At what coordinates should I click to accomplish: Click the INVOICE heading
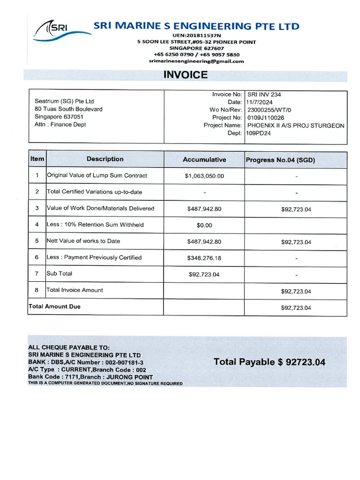click(185, 75)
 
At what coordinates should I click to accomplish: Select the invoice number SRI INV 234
click(264, 94)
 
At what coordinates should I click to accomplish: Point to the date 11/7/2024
click(260, 102)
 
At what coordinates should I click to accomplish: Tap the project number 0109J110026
click(265, 118)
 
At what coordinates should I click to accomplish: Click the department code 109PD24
click(259, 133)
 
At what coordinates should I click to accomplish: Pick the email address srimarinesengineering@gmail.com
click(196, 61)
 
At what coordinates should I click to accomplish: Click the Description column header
click(105, 159)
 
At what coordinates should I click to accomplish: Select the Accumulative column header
click(204, 160)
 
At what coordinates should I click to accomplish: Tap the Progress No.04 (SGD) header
click(280, 160)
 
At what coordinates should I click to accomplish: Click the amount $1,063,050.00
click(204, 176)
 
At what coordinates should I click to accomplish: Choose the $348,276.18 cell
click(204, 258)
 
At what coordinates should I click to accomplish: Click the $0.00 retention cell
click(204, 225)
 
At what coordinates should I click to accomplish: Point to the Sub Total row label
click(60, 273)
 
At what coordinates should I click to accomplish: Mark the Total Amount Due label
click(54, 307)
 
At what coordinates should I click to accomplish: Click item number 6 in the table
click(37, 257)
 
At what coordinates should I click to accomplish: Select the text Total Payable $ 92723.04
click(269, 362)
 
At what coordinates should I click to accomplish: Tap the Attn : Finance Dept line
click(60, 125)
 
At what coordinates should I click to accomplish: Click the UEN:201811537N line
click(196, 36)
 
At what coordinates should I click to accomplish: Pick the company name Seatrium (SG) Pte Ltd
click(64, 101)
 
